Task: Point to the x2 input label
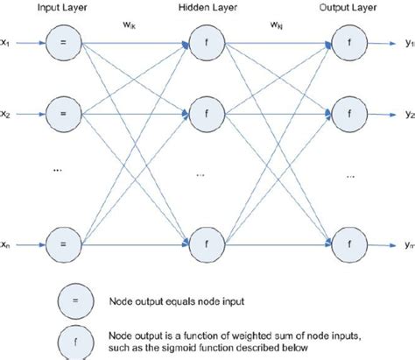(6, 114)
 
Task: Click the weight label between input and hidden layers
(128, 25)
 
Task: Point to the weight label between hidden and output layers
(273, 25)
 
